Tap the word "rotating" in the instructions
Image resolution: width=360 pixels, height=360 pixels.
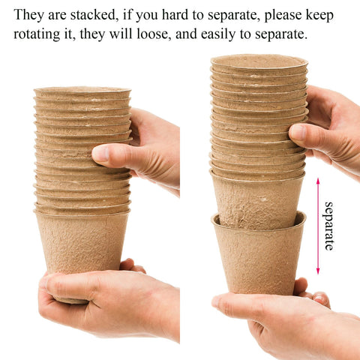pos(37,34)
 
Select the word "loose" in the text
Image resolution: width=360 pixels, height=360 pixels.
pos(154,34)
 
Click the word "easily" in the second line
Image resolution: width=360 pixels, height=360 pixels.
pos(218,35)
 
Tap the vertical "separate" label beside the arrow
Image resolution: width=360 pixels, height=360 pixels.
pos(329,226)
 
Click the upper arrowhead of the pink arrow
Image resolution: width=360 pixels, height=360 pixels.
pos(318,181)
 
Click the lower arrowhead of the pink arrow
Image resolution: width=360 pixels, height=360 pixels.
pos(318,271)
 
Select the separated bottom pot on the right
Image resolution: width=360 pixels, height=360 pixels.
pos(259,255)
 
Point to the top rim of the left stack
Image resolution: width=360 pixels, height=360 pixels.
pos(82,90)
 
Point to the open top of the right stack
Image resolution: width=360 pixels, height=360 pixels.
pos(259,61)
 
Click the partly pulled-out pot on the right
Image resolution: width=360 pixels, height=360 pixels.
pos(257,200)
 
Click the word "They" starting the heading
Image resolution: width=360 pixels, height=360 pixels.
pos(28,15)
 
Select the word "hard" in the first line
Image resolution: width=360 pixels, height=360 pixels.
pos(175,15)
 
